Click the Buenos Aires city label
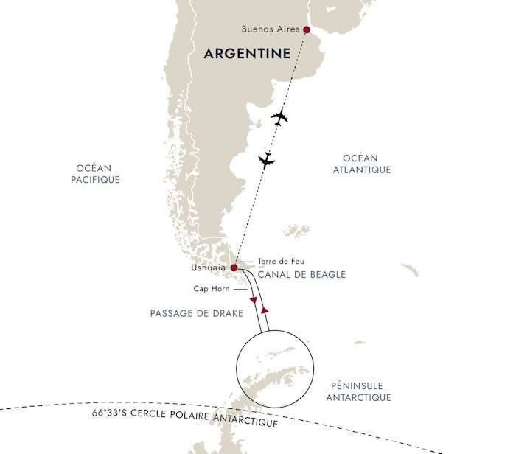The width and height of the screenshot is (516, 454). coord(271,29)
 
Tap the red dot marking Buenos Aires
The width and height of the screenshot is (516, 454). coord(307,30)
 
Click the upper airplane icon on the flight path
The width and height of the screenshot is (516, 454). coord(279,116)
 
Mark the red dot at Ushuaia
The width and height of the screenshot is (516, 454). coord(234,268)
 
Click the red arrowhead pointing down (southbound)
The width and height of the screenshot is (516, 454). coord(254,301)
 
